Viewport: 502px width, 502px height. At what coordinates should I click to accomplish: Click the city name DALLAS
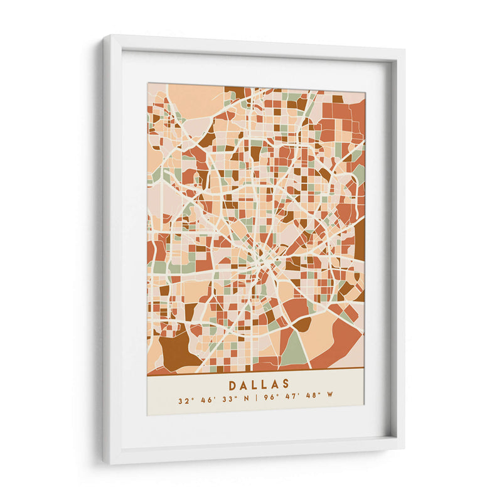(259, 384)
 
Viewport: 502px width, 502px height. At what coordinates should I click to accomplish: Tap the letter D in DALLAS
(232, 384)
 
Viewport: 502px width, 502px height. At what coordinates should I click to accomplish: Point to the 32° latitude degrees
(184, 400)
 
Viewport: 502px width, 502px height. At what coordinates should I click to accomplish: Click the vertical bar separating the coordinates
(255, 400)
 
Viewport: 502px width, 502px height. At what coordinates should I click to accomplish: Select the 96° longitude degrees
(269, 400)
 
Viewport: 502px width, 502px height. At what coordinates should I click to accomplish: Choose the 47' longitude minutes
(290, 400)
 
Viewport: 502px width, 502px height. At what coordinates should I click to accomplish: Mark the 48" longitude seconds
(311, 400)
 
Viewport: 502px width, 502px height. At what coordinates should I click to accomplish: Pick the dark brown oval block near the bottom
(302, 324)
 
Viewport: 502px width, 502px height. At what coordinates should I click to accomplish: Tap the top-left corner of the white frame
(105, 39)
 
